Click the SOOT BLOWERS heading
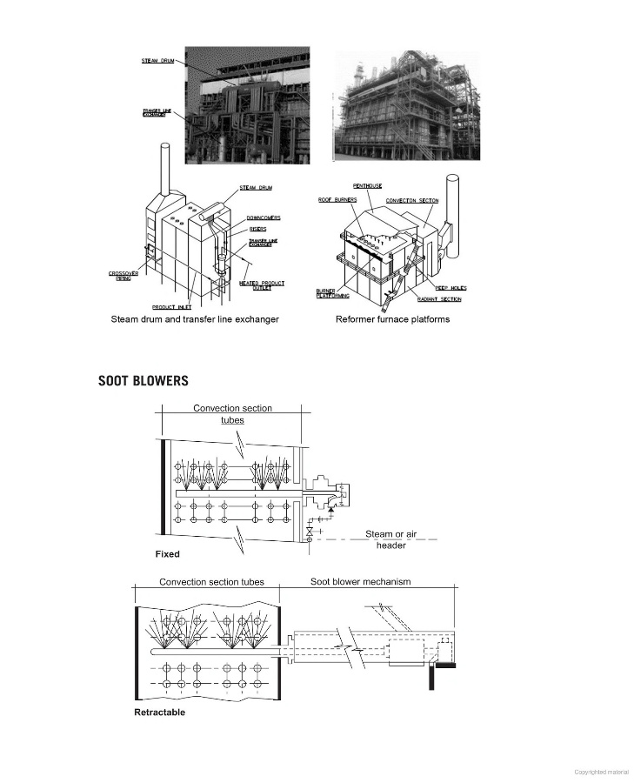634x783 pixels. point(143,381)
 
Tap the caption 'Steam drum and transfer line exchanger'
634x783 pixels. point(195,319)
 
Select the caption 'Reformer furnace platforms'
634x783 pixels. point(392,319)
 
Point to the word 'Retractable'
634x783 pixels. point(159,713)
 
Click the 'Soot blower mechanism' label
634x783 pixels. point(361,581)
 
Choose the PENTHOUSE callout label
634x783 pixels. point(369,185)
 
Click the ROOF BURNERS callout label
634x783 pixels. point(338,199)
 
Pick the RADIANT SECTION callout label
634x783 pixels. point(438,299)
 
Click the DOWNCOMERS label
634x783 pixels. point(263,217)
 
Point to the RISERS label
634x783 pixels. point(257,231)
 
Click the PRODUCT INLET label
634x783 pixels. point(171,306)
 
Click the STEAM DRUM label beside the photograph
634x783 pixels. point(157,60)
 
